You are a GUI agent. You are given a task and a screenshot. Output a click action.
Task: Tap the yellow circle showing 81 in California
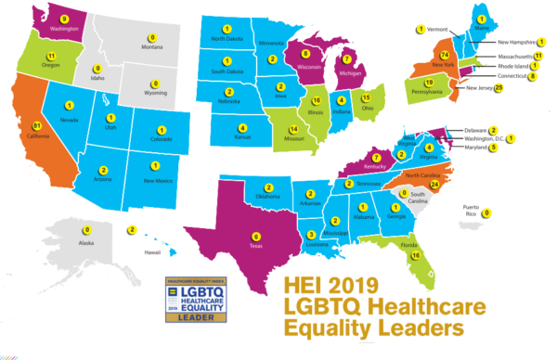(x=36, y=126)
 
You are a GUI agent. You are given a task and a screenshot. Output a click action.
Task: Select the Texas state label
(x=256, y=248)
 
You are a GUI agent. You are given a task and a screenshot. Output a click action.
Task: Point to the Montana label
(x=150, y=47)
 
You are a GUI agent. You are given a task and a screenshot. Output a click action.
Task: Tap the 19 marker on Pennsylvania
(x=417, y=82)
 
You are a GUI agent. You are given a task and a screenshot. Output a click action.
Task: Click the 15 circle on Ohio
(x=366, y=96)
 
